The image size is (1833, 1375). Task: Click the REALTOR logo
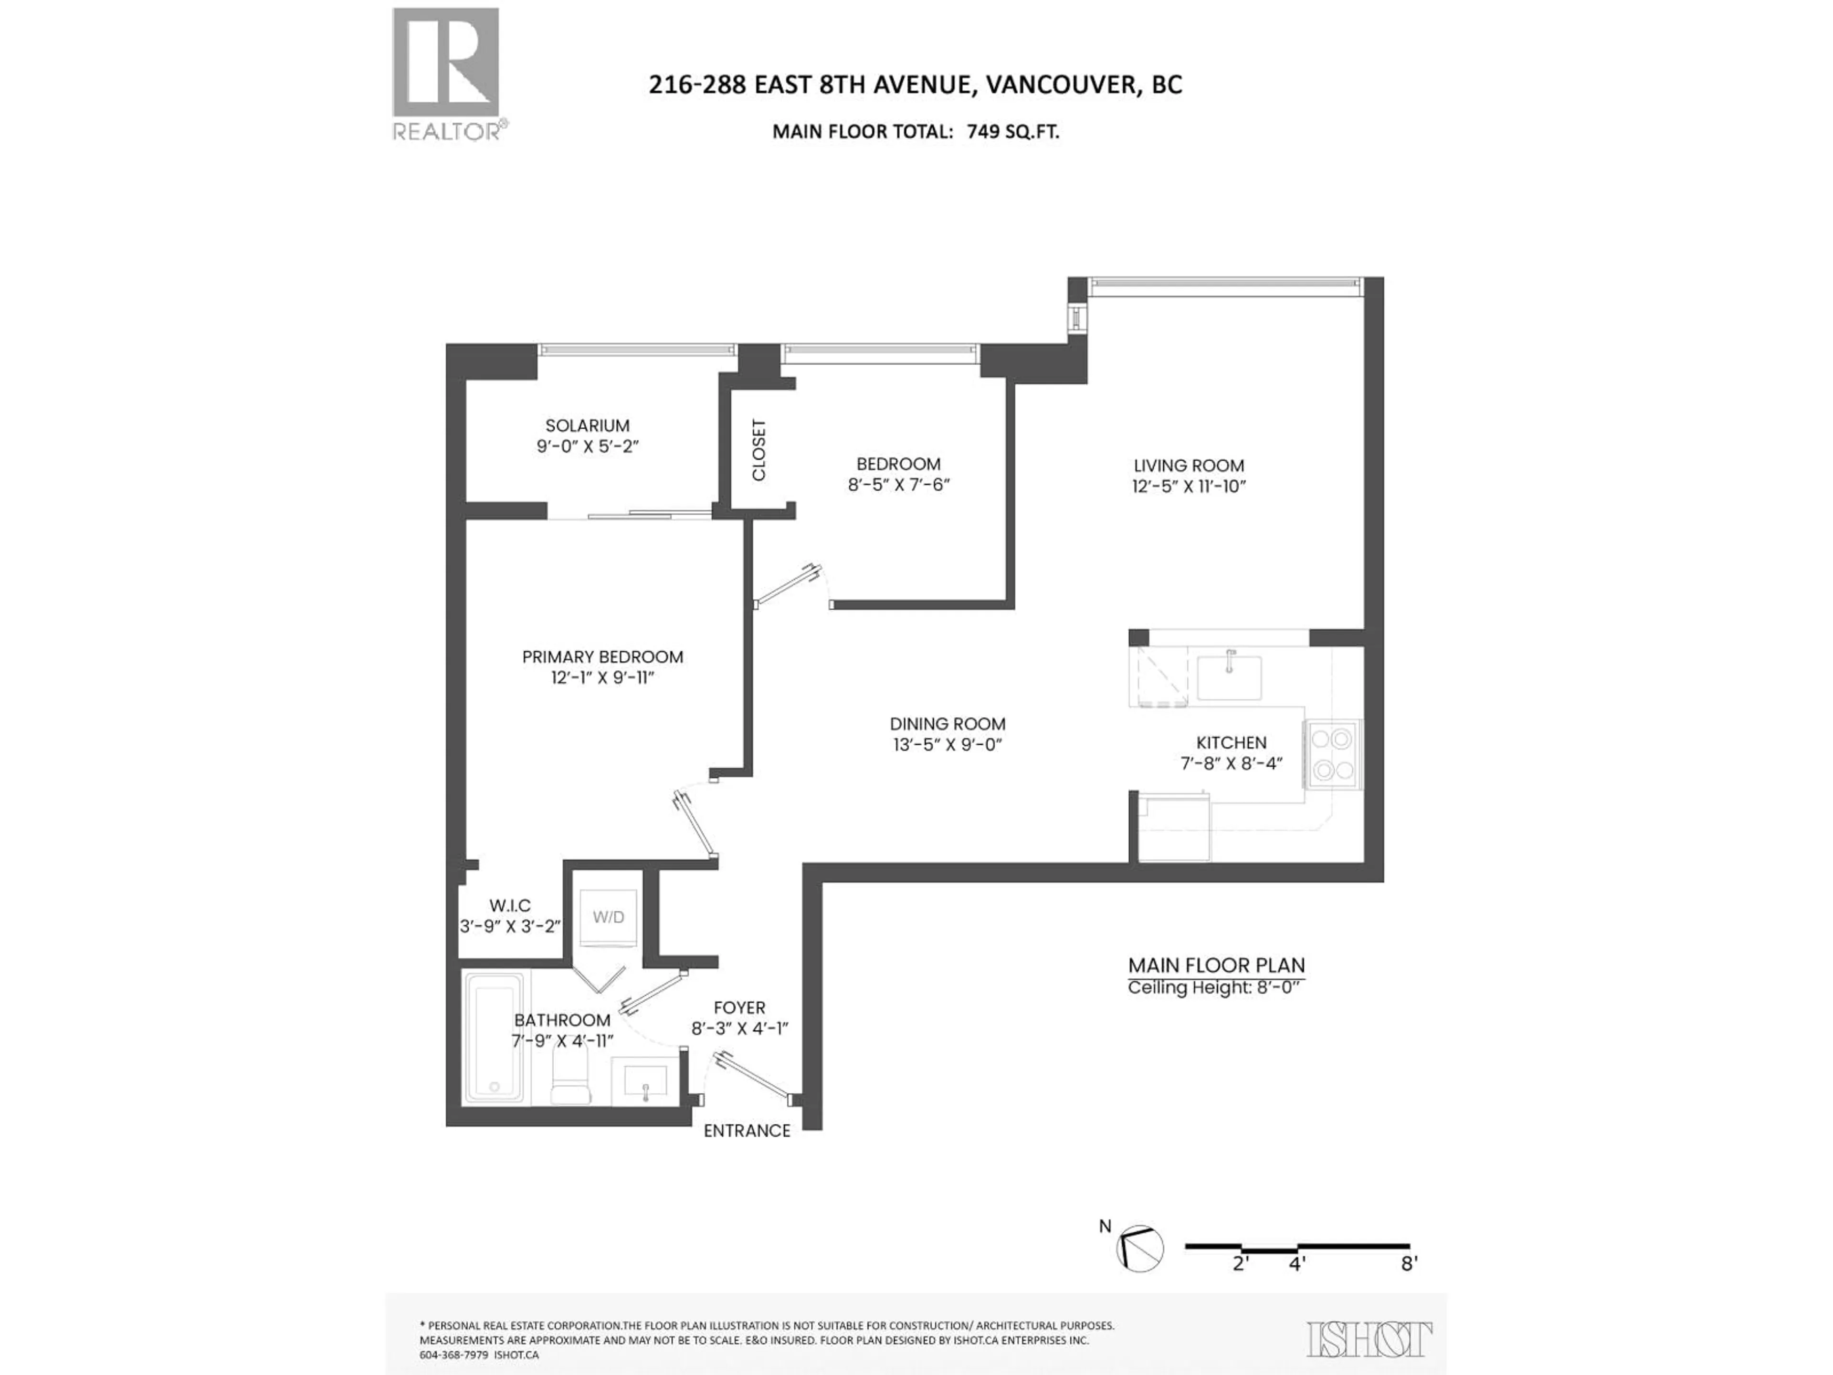pos(446,73)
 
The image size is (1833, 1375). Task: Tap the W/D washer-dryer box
pos(608,918)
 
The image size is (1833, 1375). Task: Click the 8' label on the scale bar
pos(1409,1287)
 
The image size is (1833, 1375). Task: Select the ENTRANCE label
pos(747,1131)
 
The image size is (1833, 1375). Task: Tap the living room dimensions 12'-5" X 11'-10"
pos(1189,487)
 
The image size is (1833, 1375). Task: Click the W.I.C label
pos(510,906)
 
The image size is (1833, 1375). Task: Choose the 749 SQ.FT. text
pos(1012,132)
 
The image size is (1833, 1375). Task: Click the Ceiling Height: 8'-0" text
pos(1216,988)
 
